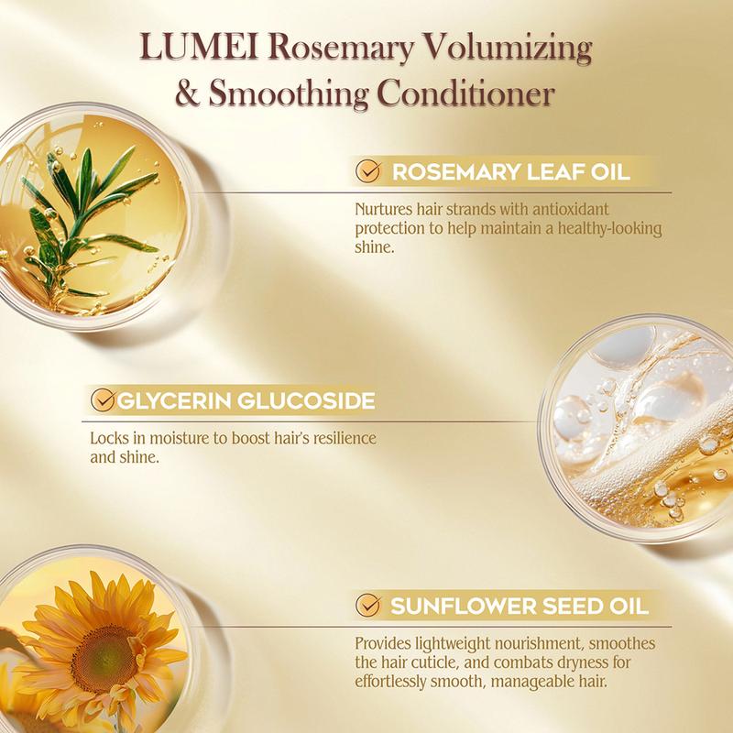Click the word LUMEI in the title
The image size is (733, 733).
click(x=199, y=48)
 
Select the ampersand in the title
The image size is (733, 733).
click(x=188, y=93)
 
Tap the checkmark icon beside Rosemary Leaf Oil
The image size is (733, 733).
click(x=369, y=171)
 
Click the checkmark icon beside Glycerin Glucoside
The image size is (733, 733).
click(x=103, y=399)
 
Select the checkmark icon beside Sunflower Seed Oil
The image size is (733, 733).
click(x=369, y=605)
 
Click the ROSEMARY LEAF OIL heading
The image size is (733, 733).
click(x=511, y=172)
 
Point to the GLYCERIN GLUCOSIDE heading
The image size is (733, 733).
click(x=246, y=401)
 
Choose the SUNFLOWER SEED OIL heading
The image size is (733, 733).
click(x=520, y=606)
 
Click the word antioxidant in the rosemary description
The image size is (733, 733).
click(x=571, y=209)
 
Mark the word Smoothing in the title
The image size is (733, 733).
click(x=289, y=93)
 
